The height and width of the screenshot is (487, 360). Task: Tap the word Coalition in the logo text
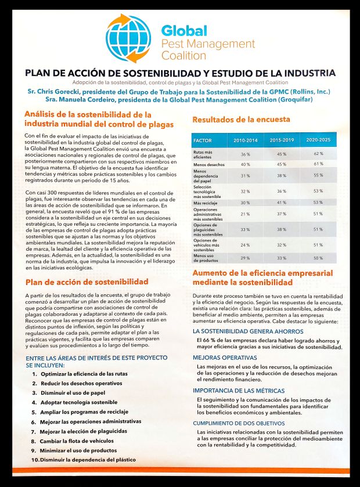(x=183, y=56)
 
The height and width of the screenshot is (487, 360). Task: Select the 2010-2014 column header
(x=245, y=140)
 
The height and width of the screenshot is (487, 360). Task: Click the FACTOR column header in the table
(x=203, y=140)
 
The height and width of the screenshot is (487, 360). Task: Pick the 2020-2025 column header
(x=318, y=140)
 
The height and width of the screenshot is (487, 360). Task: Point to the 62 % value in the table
(x=318, y=154)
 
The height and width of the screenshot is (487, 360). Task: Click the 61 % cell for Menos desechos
(x=318, y=164)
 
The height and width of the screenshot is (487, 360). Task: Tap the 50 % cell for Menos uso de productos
(x=318, y=257)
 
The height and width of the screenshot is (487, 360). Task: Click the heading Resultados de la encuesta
(x=241, y=120)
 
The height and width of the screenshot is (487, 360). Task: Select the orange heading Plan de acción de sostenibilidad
(x=87, y=282)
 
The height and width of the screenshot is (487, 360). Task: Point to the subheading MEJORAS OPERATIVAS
(x=225, y=358)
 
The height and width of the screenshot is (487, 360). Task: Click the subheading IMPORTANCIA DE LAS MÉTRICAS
(x=239, y=391)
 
